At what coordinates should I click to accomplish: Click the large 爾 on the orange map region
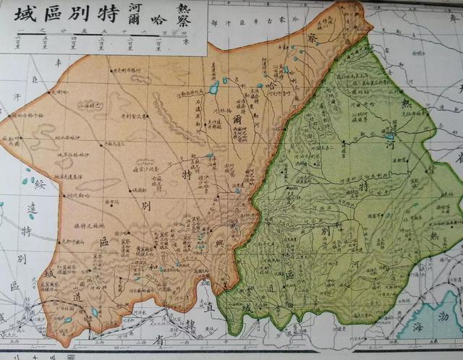click(x=237, y=119)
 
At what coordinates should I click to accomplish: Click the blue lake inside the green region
click(x=389, y=136)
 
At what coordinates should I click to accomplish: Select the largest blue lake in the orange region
click(x=213, y=88)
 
